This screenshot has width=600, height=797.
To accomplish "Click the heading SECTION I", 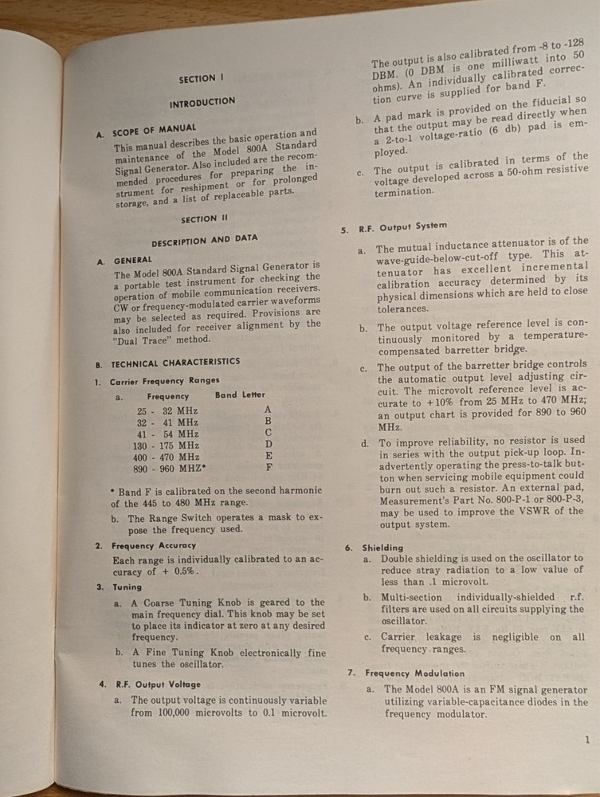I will click(197, 78).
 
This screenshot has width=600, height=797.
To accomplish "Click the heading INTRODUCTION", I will click(202, 103).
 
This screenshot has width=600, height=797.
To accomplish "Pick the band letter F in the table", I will click(268, 468).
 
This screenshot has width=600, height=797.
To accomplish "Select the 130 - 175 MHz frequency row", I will click(168, 445).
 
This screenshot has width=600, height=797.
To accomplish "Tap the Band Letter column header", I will click(240, 395).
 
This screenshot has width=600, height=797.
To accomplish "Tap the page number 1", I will click(586, 740).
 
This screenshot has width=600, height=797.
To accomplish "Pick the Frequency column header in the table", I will click(168, 395).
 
